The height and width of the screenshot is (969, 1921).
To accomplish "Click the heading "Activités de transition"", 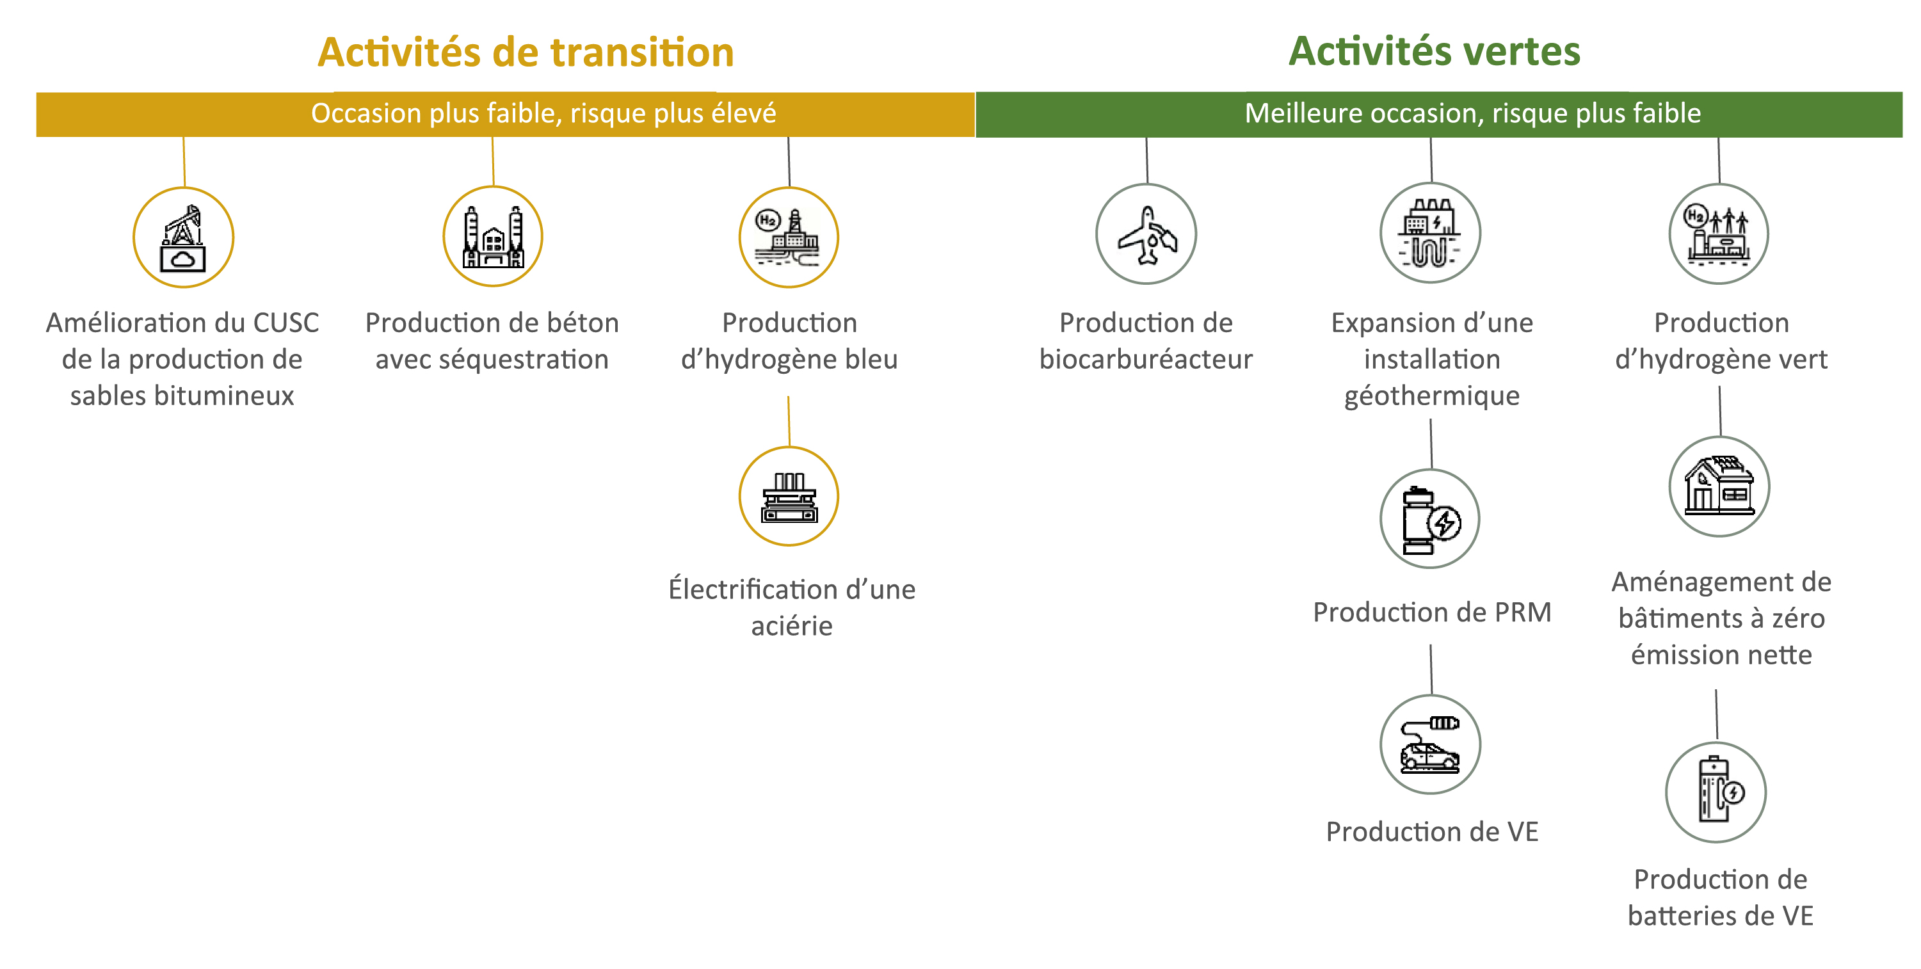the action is point(526,52).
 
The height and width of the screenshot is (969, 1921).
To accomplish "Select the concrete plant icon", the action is point(493,236).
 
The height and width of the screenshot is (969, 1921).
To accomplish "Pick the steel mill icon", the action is point(789,497).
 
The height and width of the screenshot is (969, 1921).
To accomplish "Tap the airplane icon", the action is point(1146,234).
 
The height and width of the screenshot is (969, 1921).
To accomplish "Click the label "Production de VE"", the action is point(1432,832).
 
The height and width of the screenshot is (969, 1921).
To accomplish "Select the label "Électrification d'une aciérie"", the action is point(791,607).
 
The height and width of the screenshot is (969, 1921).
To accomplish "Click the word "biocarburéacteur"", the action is point(1146,359).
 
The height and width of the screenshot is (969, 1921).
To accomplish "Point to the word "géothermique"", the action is point(1432,396).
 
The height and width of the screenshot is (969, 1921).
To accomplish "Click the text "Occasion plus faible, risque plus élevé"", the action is point(543,113).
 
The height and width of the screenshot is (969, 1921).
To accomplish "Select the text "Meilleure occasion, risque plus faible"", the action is point(1473,113).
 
